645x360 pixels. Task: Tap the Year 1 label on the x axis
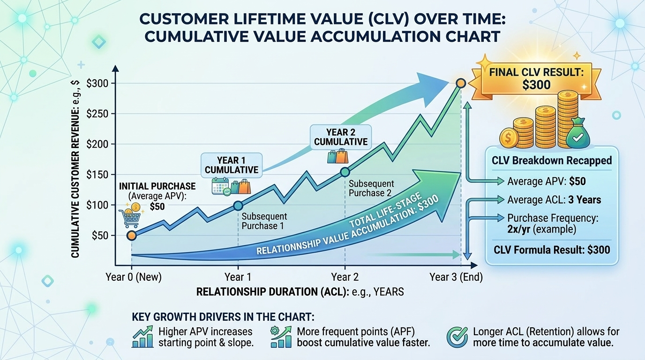coord(238,277)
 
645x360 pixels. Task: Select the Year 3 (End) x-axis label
coord(456,277)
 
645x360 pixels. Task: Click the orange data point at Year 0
coord(132,235)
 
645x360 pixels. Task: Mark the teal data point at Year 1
coord(238,205)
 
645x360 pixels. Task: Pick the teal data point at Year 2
coord(345,172)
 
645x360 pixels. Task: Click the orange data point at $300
coord(460,83)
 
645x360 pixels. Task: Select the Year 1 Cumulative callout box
coord(231,164)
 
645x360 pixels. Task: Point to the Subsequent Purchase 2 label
coord(371,188)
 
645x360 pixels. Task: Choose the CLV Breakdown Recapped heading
coord(552,160)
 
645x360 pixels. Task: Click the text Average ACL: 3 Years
coord(554,200)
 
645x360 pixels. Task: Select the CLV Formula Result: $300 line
coord(552,249)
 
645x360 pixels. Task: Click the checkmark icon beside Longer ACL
coord(457,337)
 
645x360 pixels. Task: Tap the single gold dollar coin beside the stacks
coord(509,138)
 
